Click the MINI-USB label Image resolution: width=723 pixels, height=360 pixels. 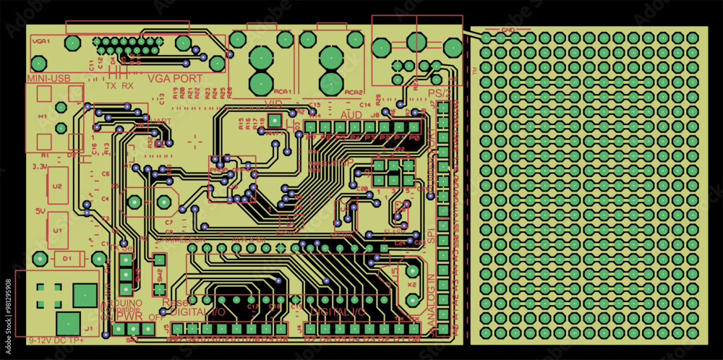click(x=48, y=78)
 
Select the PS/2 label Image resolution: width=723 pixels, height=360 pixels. click(x=439, y=93)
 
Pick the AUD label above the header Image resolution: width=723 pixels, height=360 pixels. click(x=351, y=115)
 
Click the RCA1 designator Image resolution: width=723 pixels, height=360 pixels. click(x=283, y=93)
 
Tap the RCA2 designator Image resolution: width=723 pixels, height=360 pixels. click(x=353, y=93)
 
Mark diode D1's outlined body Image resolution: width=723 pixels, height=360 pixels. click(x=67, y=257)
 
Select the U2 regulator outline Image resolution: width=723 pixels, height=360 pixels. click(x=57, y=186)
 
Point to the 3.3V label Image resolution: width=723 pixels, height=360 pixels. click(x=40, y=166)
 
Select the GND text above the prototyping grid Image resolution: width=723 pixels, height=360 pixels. click(x=508, y=31)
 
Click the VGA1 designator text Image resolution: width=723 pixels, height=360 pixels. click(x=40, y=42)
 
